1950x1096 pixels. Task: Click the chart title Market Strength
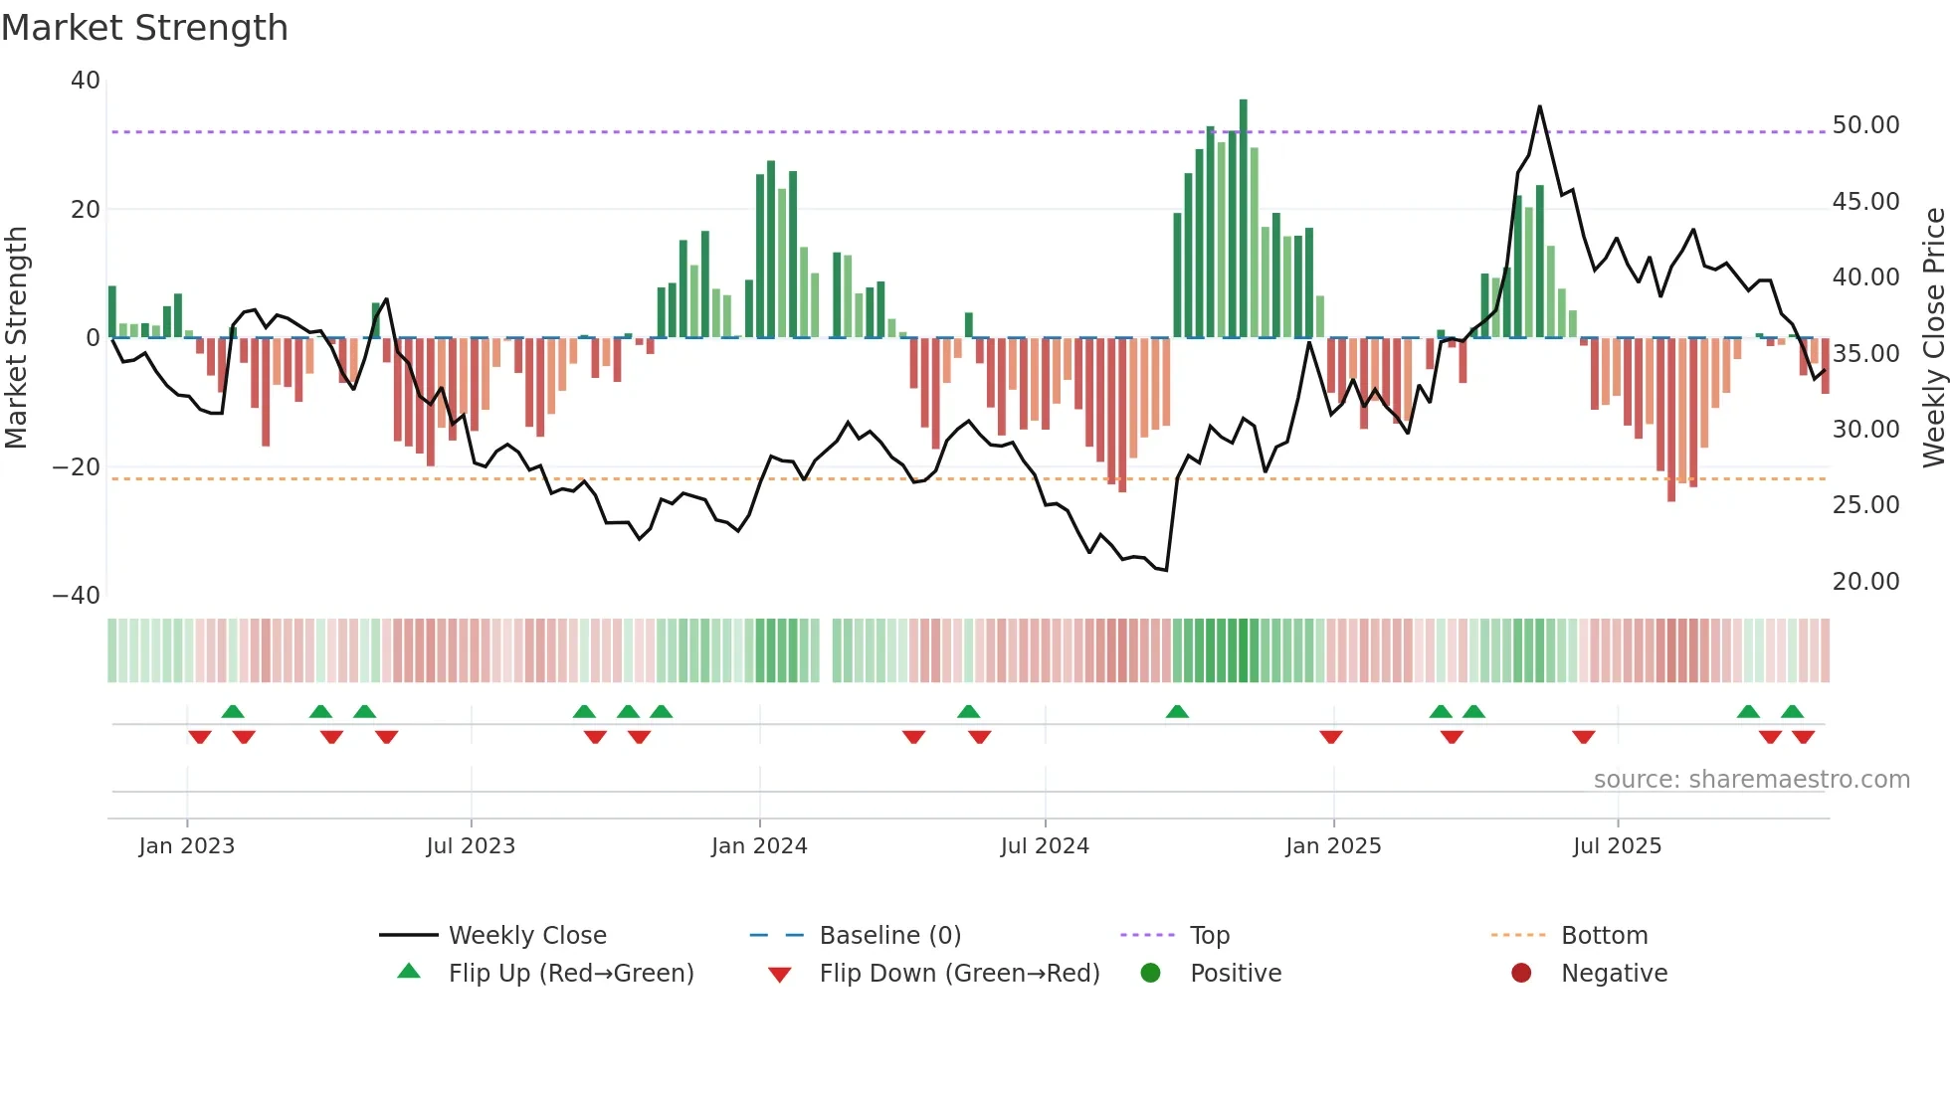pos(144,28)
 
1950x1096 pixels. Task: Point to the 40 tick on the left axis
pos(86,81)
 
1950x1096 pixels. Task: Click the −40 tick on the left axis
pos(77,596)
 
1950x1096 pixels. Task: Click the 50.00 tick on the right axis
pos(1865,125)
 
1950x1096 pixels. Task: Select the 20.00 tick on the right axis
pos(1865,581)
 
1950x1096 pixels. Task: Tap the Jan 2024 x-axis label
pos(759,846)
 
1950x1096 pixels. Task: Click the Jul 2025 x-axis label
pos(1617,846)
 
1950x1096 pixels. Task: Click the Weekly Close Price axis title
pos(1933,337)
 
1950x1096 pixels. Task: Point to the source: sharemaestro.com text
pos(1751,780)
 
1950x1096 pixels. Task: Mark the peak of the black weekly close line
pos(1539,106)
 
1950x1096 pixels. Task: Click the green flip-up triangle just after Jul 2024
pos(1177,711)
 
